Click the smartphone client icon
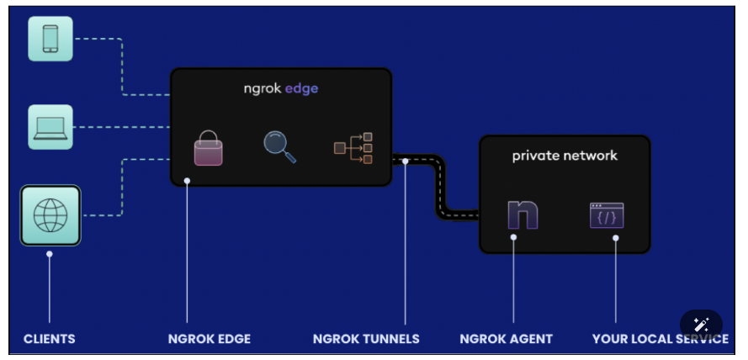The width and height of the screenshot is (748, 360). pos(50,38)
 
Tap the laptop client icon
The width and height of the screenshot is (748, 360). pos(50,127)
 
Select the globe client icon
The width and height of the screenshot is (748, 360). pos(50,215)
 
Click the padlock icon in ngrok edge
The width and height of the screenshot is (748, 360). pos(208,147)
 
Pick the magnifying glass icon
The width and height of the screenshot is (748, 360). pos(279,146)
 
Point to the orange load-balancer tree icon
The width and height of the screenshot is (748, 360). pos(353,148)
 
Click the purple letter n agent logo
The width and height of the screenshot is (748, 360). pos(523,214)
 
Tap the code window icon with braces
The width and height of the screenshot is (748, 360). pos(607,215)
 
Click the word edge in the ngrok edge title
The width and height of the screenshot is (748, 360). pos(301,88)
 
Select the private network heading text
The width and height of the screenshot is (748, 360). pos(565,156)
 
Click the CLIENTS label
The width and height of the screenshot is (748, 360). pos(49,339)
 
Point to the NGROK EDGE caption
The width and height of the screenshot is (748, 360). pos(209,339)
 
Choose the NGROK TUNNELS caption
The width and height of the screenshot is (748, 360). pos(366,339)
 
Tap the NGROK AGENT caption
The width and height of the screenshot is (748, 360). pos(506,339)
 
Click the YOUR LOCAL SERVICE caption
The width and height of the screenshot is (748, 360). pos(660,339)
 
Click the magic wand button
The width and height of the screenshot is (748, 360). pos(701,326)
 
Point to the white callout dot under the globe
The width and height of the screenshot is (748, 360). pos(50,253)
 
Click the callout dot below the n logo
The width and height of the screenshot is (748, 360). pos(513,237)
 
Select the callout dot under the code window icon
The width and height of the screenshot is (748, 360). pos(615,238)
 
